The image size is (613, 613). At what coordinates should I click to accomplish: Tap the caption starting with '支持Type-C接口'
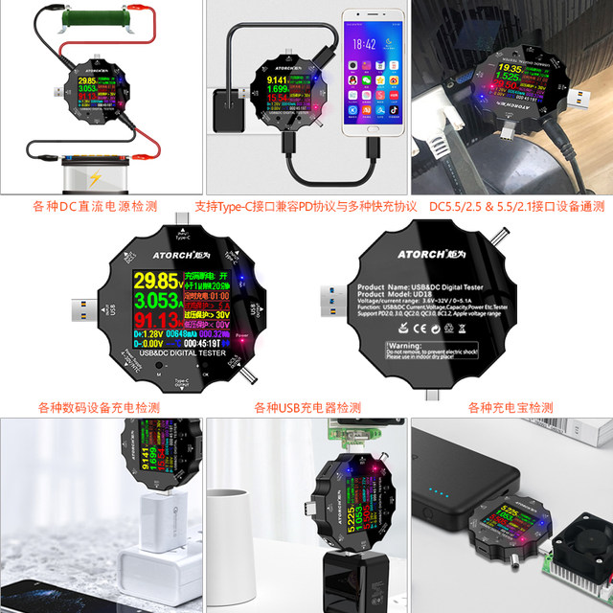(x=306, y=206)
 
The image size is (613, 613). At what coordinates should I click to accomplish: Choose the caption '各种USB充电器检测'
(x=307, y=407)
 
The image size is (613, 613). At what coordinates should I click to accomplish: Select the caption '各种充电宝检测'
(x=511, y=407)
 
